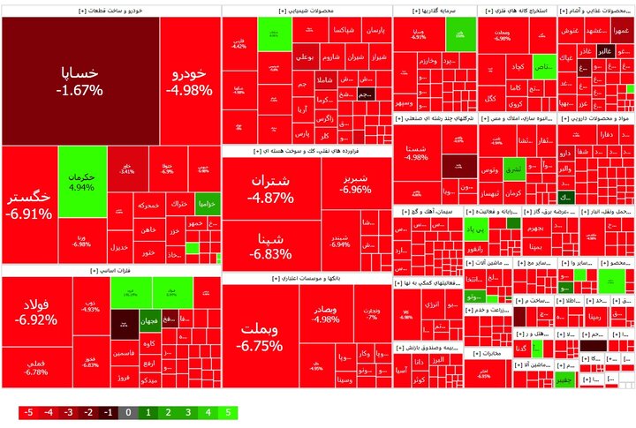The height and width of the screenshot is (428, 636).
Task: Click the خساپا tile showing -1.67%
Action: click(x=79, y=79)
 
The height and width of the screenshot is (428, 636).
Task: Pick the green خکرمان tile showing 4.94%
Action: click(x=81, y=181)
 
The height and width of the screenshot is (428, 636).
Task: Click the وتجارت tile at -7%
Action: click(x=372, y=313)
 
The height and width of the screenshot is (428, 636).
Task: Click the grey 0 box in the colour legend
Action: click(x=129, y=412)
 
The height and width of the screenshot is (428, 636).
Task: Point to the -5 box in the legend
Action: click(x=28, y=412)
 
